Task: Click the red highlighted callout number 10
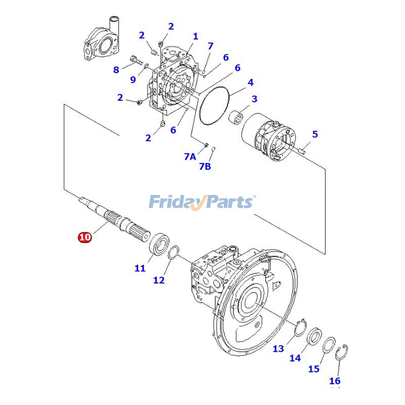pos(85,237)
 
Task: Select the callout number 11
pos(140,268)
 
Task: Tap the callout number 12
pos(159,279)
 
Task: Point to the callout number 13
pos(278,348)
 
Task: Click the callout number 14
pos(295,358)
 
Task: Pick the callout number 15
pos(314,369)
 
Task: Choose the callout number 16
pos(335,381)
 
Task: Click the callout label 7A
pos(189,157)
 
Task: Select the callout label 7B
pos(205,166)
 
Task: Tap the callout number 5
pos(315,134)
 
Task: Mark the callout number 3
pos(255,99)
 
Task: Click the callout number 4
pos(250,82)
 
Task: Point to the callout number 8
pos(116,70)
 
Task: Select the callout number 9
pos(133,79)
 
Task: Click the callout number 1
pos(195,36)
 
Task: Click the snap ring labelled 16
pos(342,352)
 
